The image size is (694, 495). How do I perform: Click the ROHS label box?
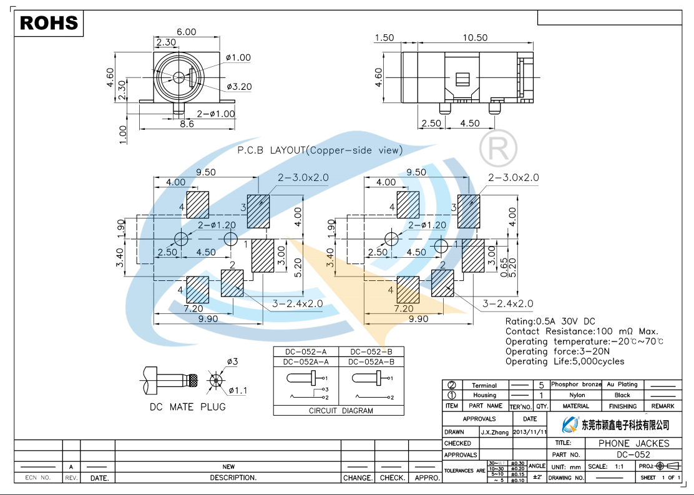tap(49, 23)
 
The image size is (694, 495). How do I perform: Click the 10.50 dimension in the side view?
tap(474, 37)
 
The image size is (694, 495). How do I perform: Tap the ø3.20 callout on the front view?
tap(239, 87)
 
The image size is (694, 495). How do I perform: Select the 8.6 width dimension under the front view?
tap(187, 124)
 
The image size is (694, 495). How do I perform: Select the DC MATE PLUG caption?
tap(187, 407)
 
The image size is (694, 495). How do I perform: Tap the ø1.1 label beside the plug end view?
tap(238, 391)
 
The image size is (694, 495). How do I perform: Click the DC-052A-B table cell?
tap(371, 361)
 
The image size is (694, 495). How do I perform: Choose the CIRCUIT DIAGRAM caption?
tap(341, 411)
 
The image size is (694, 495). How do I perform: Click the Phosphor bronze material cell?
tap(576, 385)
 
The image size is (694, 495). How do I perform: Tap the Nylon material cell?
tap(576, 395)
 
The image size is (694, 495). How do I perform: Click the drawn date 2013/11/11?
tap(529, 432)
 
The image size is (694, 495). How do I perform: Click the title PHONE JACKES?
tap(633, 443)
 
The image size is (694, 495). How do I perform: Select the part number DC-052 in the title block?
tap(633, 455)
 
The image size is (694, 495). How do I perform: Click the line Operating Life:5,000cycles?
tap(564, 361)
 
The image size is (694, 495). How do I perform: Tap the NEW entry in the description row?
tap(228, 466)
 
